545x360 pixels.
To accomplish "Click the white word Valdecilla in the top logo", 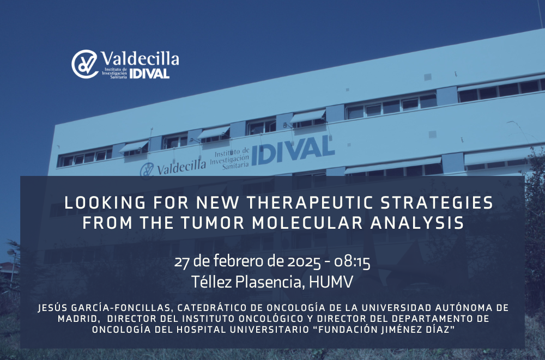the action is pos(140,58).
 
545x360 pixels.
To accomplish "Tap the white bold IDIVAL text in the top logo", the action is pos(149,74).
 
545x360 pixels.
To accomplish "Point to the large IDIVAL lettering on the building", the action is pos(293,150).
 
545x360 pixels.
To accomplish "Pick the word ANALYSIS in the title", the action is pos(417,223).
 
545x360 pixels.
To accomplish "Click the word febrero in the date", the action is pos(239,261).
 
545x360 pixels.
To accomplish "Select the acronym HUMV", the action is pos(331,282).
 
